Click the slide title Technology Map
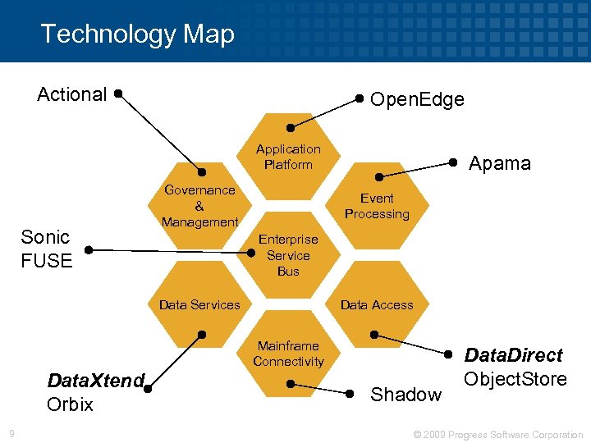point(137,34)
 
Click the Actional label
point(72,94)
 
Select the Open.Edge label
point(417,100)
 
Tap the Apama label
point(499,163)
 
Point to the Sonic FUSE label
point(46,249)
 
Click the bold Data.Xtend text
point(96,381)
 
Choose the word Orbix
point(71,404)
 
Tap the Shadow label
point(405,395)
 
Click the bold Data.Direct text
point(514,355)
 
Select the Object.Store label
point(515,379)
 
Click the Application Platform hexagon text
point(288,157)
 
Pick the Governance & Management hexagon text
point(199,206)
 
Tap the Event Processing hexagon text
point(377,206)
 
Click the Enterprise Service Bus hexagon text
point(288,255)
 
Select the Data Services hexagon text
point(199,304)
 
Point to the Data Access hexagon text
point(377,304)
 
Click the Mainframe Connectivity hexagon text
point(288,354)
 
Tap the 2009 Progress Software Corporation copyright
point(498,434)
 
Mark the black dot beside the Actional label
point(119,94)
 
